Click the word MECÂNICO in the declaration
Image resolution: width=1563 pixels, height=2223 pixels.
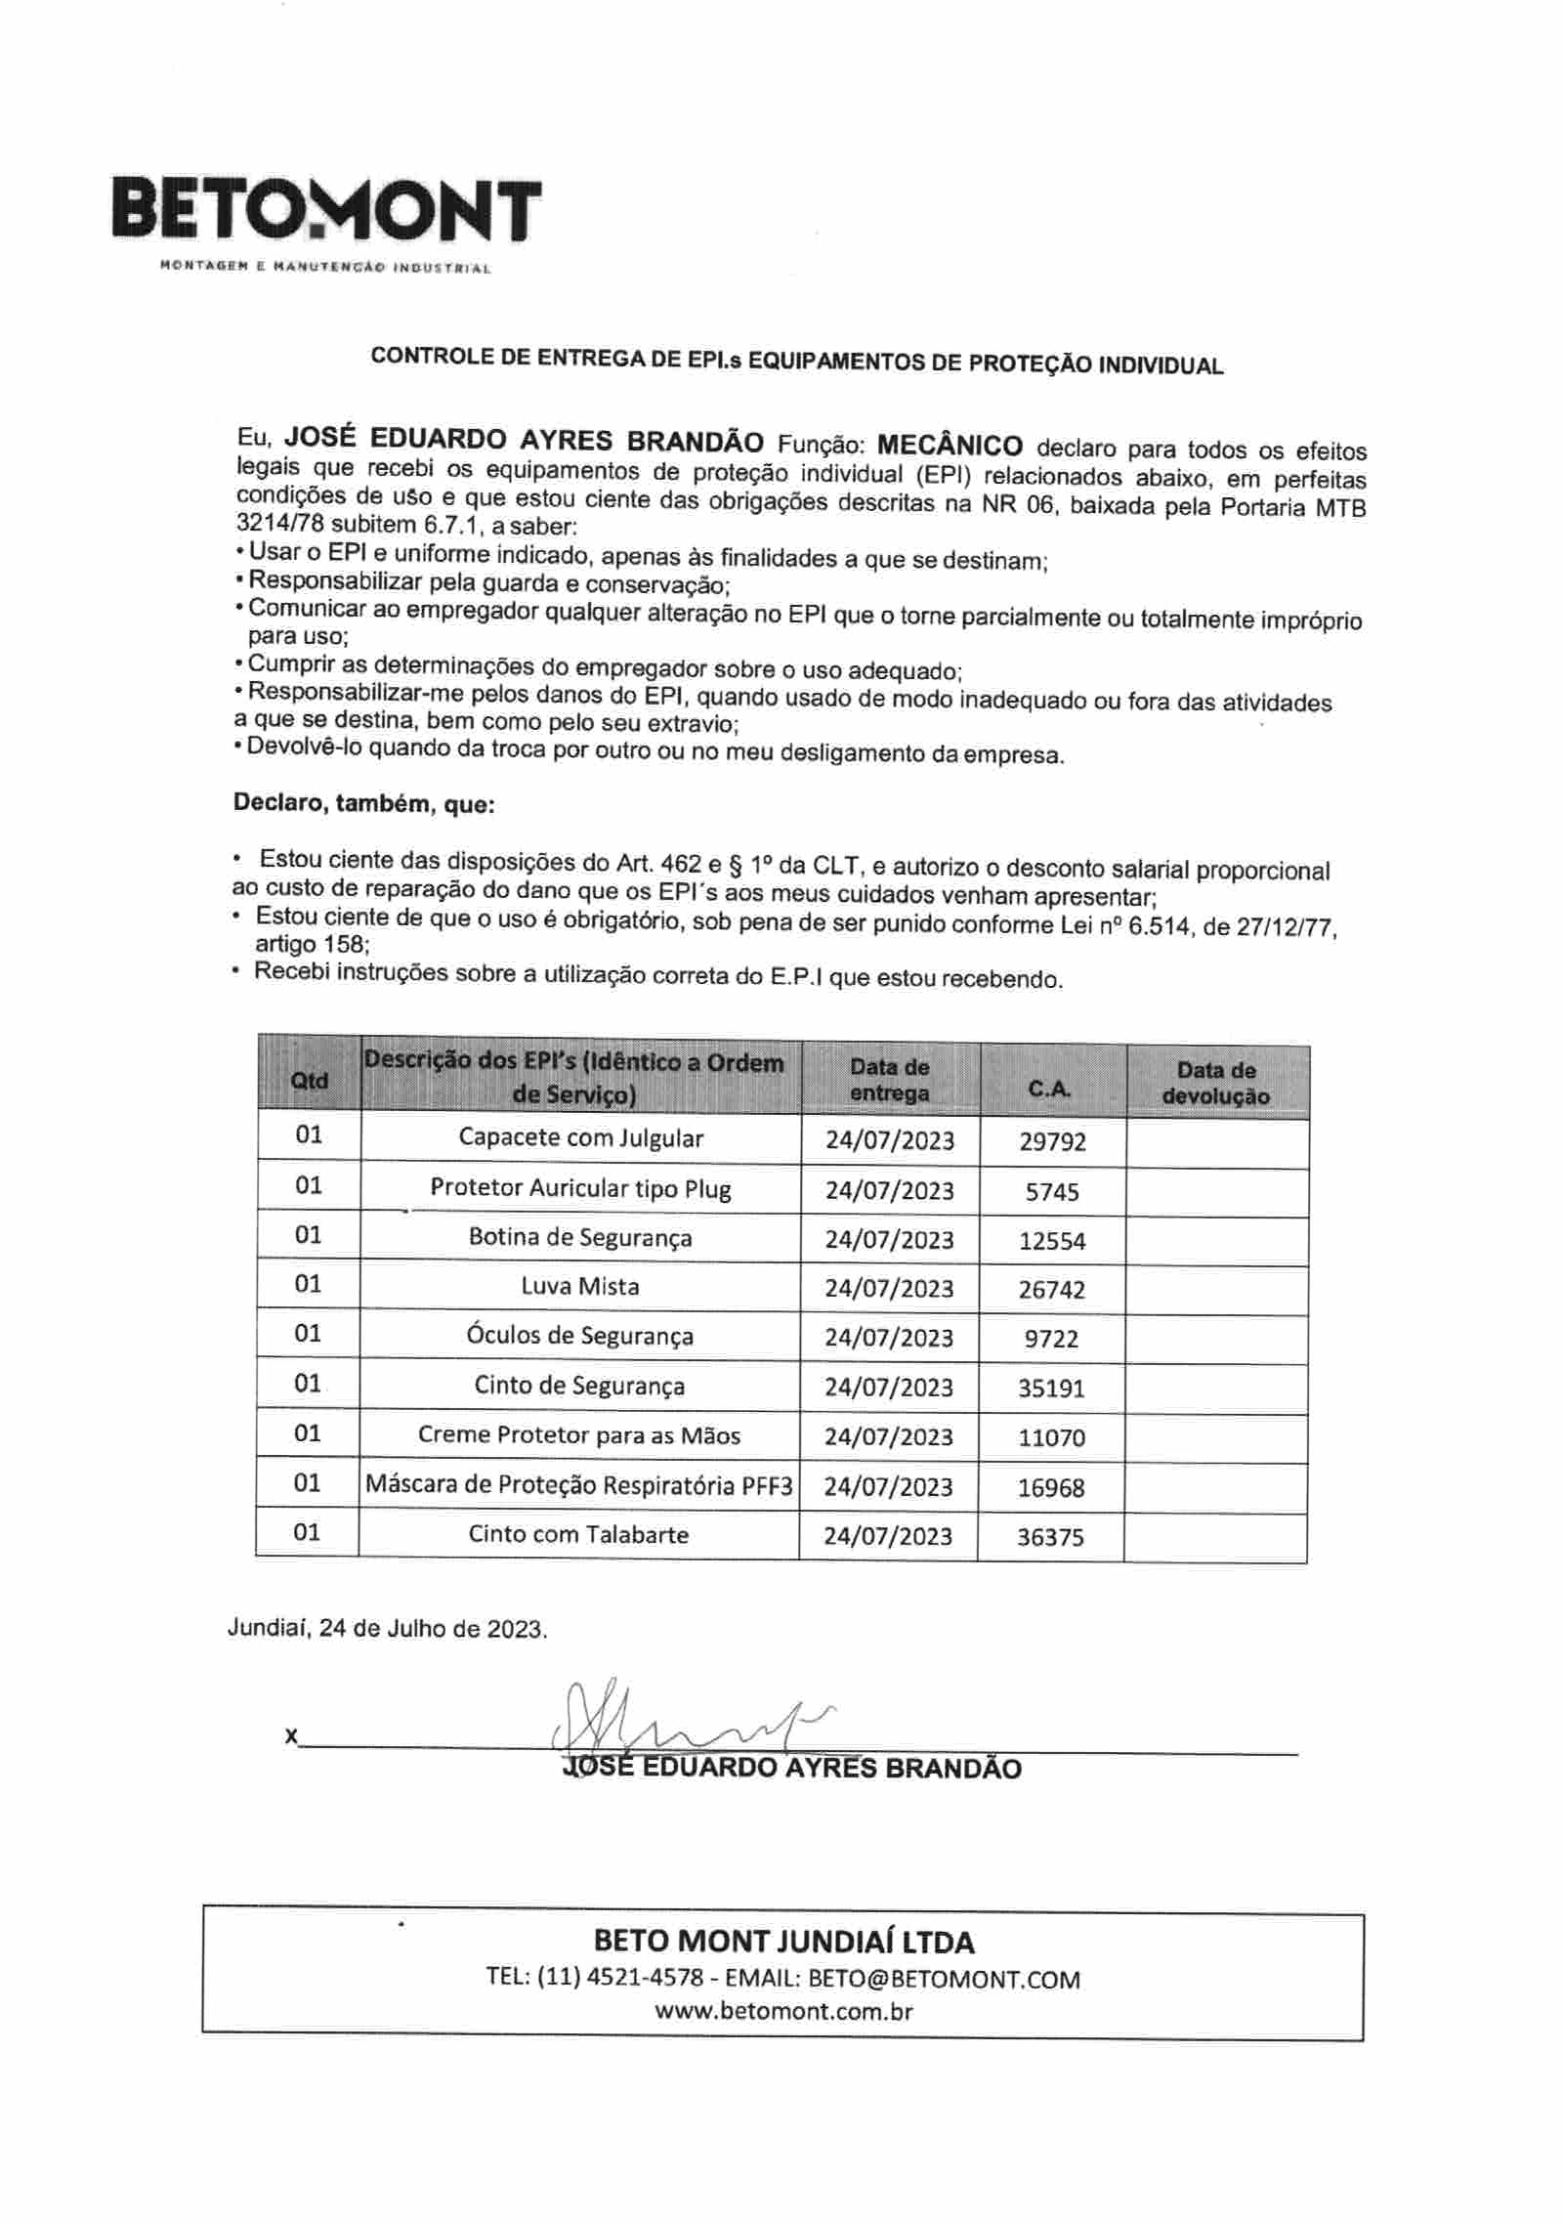[x=950, y=446]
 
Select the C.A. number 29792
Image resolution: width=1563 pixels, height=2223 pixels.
[x=1052, y=1141]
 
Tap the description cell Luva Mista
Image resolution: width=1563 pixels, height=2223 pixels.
[x=580, y=1286]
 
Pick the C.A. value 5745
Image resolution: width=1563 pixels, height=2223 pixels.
[x=1052, y=1191]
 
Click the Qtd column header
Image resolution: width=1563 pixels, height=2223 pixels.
[x=310, y=1081]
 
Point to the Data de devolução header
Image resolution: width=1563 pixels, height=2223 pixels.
[x=1216, y=1083]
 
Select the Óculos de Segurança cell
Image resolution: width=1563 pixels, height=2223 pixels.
[x=580, y=1336]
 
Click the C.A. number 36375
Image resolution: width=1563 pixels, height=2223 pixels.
[x=1050, y=1537]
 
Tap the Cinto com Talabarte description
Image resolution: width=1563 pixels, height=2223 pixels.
[x=578, y=1534]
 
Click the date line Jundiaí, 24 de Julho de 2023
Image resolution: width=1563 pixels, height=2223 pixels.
[x=387, y=1629]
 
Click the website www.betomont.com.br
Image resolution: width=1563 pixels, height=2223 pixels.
[x=783, y=2010]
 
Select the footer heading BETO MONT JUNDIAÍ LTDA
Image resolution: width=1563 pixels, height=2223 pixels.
[x=783, y=1942]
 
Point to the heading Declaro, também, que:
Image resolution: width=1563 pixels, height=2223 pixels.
[x=363, y=804]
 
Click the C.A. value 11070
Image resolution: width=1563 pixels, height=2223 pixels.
[x=1051, y=1437]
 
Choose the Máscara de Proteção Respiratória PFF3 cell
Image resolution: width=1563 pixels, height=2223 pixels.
[x=578, y=1485]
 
